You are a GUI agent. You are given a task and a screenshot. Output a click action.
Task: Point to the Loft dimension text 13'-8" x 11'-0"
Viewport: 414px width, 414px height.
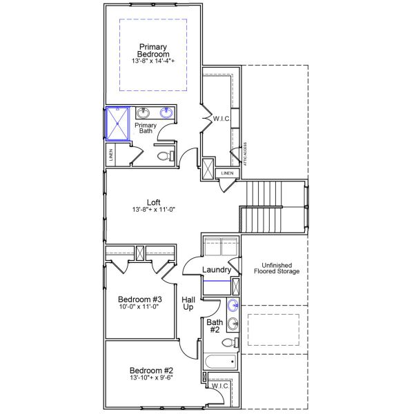[155, 210]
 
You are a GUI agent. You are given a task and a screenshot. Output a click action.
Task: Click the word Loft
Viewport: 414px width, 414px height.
[155, 202]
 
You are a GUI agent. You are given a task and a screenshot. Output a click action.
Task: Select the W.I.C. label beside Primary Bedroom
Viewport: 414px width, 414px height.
[222, 118]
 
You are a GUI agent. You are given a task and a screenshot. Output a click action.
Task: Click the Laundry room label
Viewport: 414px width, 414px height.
[217, 270]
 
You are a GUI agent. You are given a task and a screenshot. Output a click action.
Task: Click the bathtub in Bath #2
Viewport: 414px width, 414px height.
[220, 361]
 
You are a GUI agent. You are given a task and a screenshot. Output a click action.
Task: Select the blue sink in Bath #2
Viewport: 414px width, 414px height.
[235, 305]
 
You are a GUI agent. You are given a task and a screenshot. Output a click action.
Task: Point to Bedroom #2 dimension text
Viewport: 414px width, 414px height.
[150, 377]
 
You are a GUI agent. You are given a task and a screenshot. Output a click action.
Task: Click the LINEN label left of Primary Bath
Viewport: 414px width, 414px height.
[110, 155]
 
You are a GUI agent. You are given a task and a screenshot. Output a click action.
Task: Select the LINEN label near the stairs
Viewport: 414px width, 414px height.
[228, 172]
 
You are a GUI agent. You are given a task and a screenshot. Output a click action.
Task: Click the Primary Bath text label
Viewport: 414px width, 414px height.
[145, 128]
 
